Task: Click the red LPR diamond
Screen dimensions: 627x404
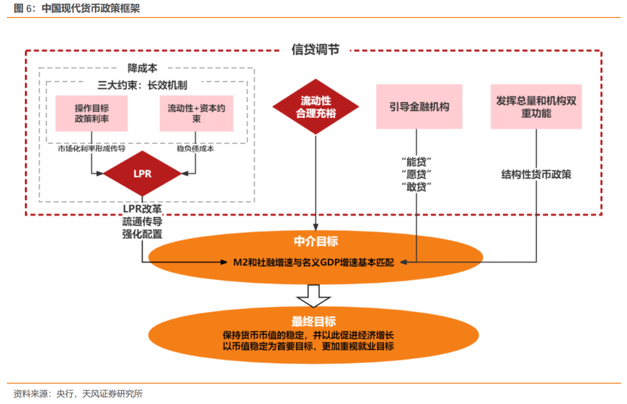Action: (142, 174)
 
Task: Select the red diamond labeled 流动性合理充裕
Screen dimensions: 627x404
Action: (315, 107)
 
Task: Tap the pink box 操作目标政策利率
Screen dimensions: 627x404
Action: (92, 114)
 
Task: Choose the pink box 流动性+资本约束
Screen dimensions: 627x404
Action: (196, 114)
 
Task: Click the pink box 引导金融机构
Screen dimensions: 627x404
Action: (419, 107)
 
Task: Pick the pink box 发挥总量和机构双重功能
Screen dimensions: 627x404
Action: (536, 107)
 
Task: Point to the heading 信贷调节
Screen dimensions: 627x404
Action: (315, 49)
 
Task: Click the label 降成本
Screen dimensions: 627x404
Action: (142, 68)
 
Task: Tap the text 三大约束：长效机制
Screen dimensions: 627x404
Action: (142, 85)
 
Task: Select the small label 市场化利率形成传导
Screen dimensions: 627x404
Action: (92, 149)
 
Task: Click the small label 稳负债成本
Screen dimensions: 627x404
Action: (196, 149)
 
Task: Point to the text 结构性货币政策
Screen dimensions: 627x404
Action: (536, 174)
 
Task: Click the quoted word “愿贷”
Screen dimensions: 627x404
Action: (416, 174)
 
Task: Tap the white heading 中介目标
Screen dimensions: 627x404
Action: (316, 241)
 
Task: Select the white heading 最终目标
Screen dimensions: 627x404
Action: (313, 321)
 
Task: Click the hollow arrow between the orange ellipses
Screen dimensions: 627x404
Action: (313, 296)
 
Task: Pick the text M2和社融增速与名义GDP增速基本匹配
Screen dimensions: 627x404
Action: (313, 262)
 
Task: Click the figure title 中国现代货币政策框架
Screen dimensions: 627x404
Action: (91, 8)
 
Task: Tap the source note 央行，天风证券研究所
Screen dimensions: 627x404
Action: (100, 394)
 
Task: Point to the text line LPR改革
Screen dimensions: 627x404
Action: (142, 209)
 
